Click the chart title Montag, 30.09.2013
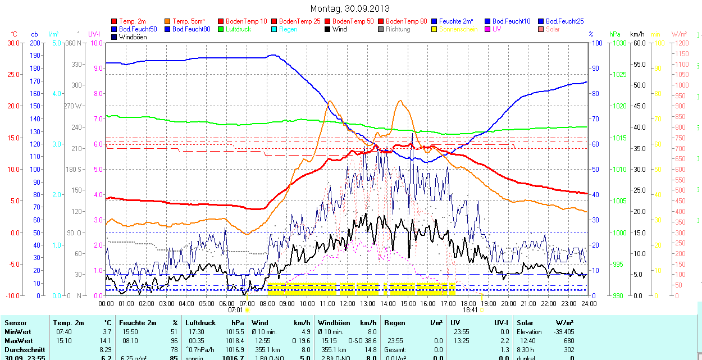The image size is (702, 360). (x=350, y=9)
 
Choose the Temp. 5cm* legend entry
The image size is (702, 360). (x=188, y=21)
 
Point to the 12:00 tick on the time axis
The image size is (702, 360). (x=348, y=303)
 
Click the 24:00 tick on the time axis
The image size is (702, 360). (x=588, y=303)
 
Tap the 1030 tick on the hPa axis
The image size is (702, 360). (x=619, y=43)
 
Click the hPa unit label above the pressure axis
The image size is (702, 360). (x=615, y=34)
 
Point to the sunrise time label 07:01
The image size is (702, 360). (x=235, y=309)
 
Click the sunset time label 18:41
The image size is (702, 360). (x=470, y=309)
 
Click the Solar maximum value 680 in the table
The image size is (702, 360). (x=569, y=341)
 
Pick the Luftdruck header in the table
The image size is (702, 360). (x=200, y=323)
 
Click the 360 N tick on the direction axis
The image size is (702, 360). (x=73, y=43)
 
